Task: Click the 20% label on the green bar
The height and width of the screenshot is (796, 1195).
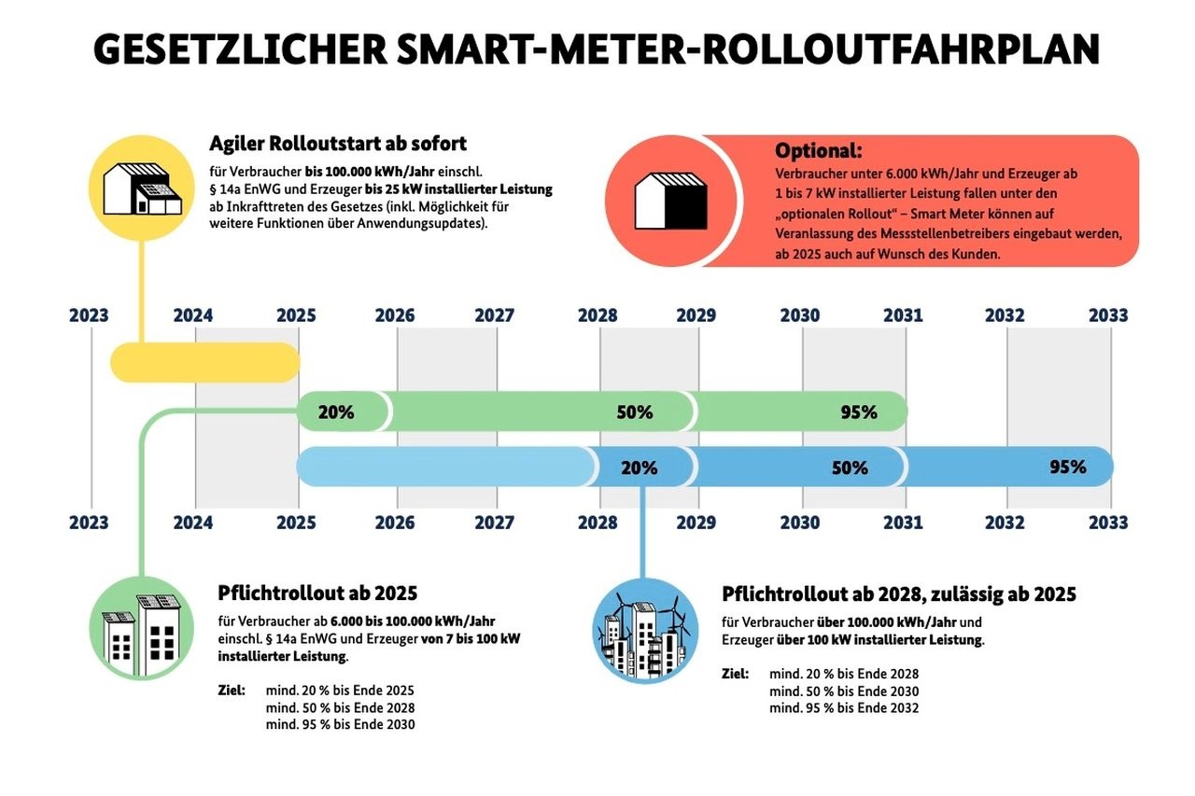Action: [336, 412]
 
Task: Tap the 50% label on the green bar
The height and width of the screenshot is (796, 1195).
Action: [635, 412]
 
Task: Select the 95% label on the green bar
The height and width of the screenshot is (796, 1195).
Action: [858, 412]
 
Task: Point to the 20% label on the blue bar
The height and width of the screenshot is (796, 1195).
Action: [640, 468]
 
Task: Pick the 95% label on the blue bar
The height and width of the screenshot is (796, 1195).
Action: [1067, 467]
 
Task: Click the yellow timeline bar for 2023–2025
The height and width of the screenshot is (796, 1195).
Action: [205, 362]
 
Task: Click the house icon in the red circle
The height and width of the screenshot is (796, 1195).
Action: [669, 201]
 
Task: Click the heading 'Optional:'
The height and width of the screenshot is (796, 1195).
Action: [819, 150]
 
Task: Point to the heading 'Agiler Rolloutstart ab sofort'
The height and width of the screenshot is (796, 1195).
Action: [338, 144]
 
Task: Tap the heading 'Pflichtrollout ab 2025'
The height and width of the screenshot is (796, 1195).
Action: [317, 594]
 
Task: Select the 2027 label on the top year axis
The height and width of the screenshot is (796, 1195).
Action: [494, 315]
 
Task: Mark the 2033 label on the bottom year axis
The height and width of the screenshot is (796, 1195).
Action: [1108, 523]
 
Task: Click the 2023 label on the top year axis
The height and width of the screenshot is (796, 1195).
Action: [89, 315]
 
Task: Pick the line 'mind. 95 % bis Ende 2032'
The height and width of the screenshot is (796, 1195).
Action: [844, 708]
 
